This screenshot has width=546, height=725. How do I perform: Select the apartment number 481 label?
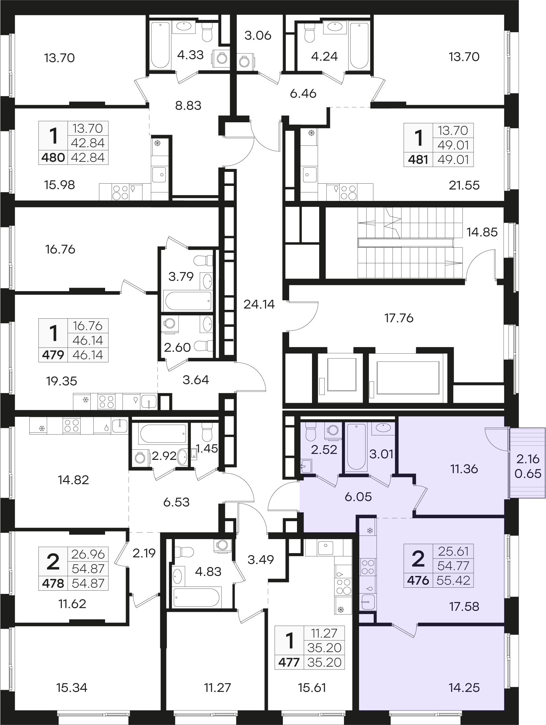tap(418, 159)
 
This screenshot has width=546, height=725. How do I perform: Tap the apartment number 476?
tap(418, 581)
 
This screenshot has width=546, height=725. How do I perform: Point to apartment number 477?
tap(289, 662)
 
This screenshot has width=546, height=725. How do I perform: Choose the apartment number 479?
tap(53, 355)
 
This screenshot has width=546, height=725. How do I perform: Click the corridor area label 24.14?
tap(259, 305)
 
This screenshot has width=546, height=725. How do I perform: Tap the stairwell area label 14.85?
tap(482, 232)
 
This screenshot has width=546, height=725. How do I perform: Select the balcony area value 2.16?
tap(528, 459)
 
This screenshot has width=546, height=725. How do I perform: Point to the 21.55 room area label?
tap(464, 185)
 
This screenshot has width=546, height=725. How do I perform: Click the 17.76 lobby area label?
tap(399, 318)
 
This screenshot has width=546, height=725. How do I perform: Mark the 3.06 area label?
tap(258, 36)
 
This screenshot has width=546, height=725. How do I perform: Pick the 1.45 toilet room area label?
tap(207, 448)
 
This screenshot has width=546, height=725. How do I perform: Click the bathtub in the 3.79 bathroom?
tap(188, 300)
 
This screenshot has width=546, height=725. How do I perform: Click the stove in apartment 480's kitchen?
tap(120, 192)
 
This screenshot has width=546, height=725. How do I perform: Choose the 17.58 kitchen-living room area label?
tap(464, 606)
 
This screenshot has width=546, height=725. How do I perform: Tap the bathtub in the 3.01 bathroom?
tap(356, 447)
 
